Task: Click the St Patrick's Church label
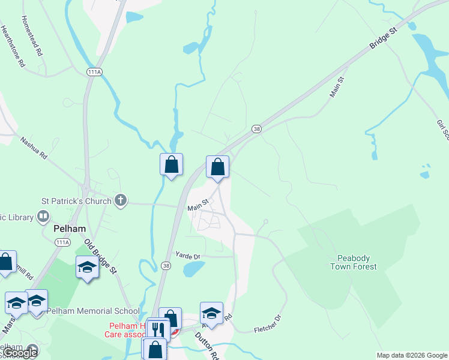pyautogui.click(x=76, y=201)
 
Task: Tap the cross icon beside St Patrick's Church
pyautogui.click(x=121, y=200)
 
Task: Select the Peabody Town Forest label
pyautogui.click(x=353, y=262)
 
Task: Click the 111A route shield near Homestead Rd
pyautogui.click(x=94, y=71)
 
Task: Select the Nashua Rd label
pyautogui.click(x=34, y=150)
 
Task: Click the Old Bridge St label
pyautogui.click(x=100, y=256)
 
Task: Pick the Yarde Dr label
pyautogui.click(x=188, y=256)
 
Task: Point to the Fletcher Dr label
pyautogui.click(x=267, y=325)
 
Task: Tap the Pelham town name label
pyautogui.click(x=70, y=229)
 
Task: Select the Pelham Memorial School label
pyautogui.click(x=93, y=311)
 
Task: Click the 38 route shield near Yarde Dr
pyautogui.click(x=167, y=265)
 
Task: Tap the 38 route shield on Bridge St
pyautogui.click(x=256, y=129)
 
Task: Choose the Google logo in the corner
pyautogui.click(x=21, y=353)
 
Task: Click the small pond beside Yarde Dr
pyautogui.click(x=193, y=269)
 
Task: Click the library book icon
pyautogui.click(x=43, y=216)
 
